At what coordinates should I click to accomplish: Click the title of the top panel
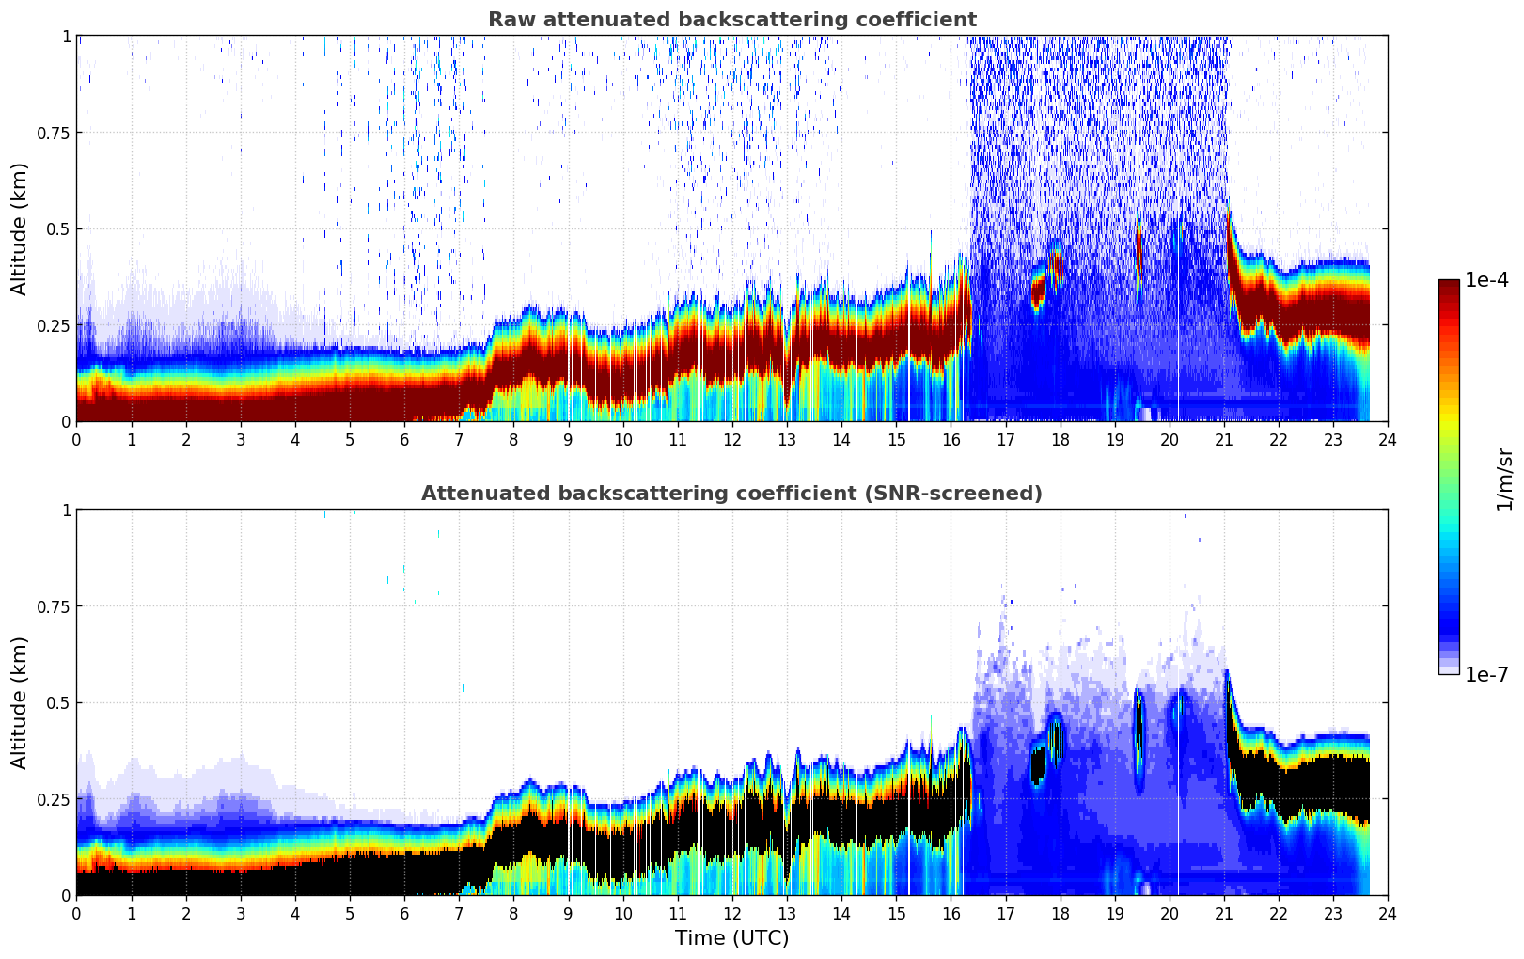click(x=731, y=20)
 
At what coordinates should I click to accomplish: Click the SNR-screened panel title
click(x=731, y=494)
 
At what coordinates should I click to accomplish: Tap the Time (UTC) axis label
click(x=731, y=938)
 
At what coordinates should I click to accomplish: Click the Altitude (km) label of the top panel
click(x=20, y=228)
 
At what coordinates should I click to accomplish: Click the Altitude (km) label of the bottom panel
click(x=20, y=702)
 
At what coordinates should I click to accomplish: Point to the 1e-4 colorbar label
click(x=1486, y=280)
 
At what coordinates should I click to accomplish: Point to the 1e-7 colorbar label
click(x=1486, y=674)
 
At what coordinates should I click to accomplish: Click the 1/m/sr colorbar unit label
click(x=1504, y=479)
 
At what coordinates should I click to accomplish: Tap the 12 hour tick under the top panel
click(x=731, y=440)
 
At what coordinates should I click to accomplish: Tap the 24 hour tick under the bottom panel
click(x=1387, y=914)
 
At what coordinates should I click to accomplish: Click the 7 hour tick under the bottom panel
click(x=459, y=914)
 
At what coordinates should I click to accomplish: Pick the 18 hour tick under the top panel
click(x=1060, y=440)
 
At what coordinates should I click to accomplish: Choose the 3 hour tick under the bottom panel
click(x=241, y=914)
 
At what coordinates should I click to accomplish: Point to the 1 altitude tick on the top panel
click(x=66, y=37)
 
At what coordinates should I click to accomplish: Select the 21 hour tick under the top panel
click(x=1223, y=440)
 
